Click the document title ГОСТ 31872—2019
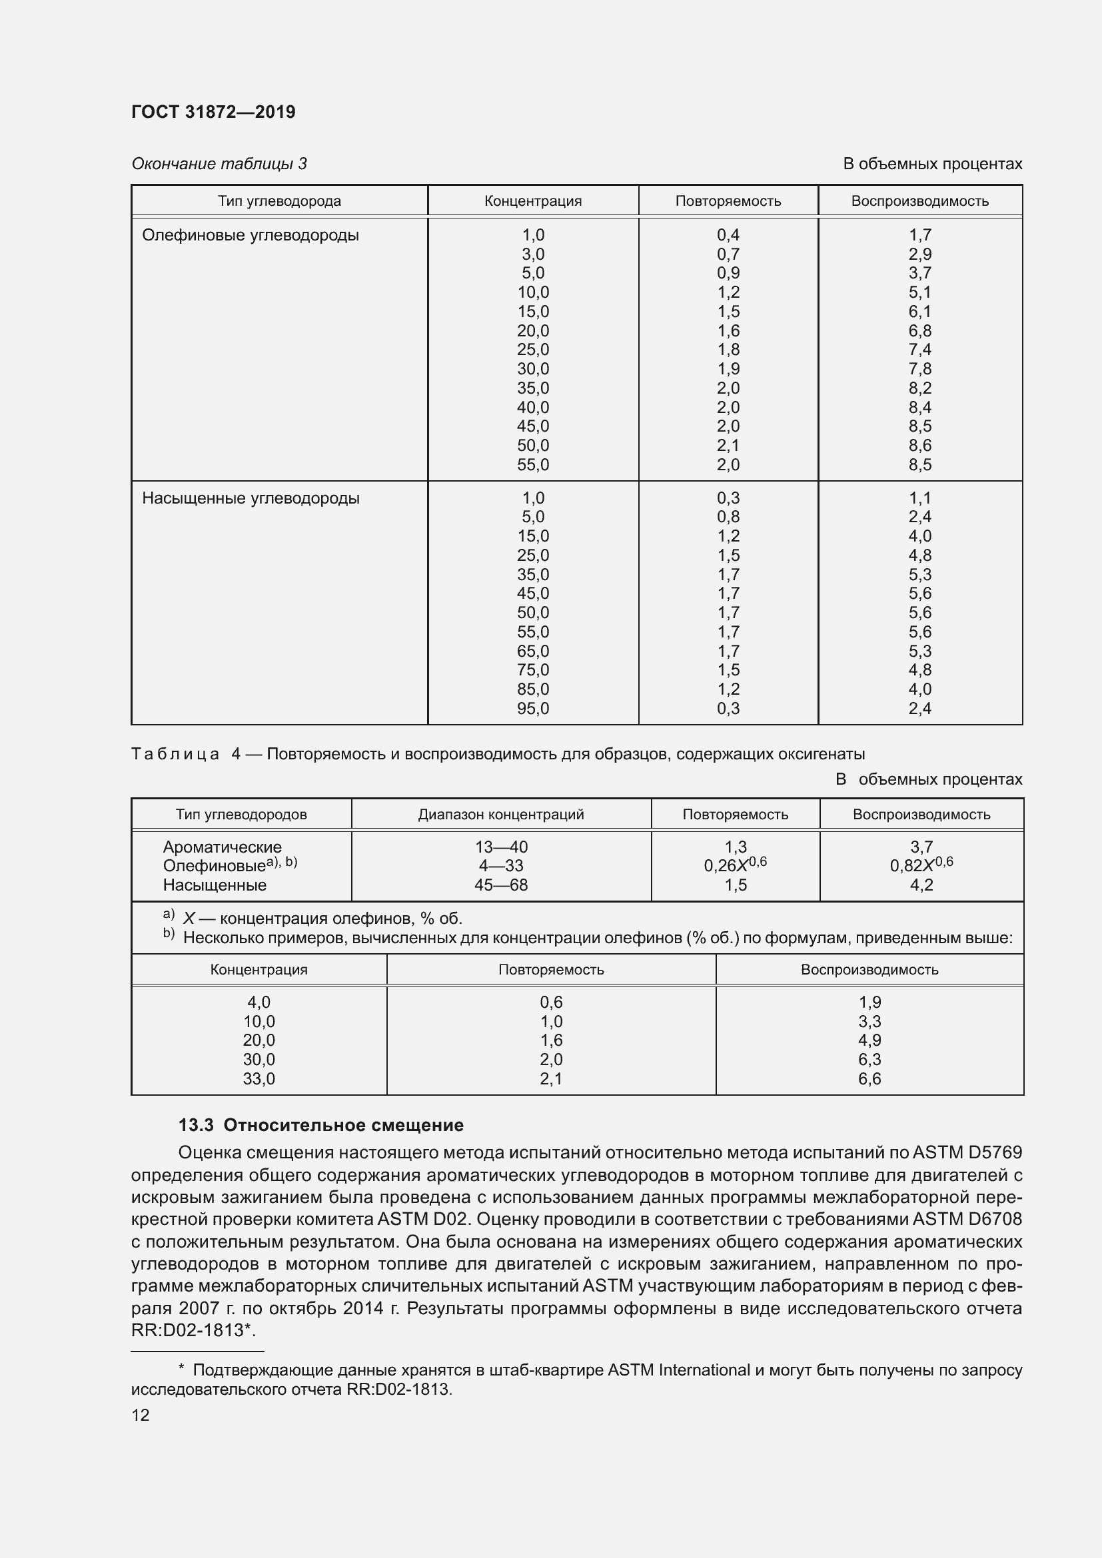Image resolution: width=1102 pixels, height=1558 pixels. click(213, 112)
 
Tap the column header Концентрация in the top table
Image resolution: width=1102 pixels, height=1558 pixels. click(533, 201)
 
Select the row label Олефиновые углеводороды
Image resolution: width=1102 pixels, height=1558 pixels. click(251, 235)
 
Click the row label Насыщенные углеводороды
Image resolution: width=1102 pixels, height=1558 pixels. click(251, 498)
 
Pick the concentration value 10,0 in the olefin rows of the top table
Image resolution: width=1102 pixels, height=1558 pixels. click(533, 292)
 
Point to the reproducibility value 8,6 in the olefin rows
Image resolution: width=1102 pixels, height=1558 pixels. click(919, 446)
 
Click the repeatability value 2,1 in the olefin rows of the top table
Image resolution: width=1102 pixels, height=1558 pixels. click(728, 446)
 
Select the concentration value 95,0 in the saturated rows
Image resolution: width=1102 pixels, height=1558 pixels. click(533, 709)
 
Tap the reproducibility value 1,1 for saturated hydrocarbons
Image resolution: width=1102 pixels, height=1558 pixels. click(919, 498)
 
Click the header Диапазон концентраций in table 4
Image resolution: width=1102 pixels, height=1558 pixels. click(501, 814)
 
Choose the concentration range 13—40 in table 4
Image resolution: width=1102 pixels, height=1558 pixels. click(501, 847)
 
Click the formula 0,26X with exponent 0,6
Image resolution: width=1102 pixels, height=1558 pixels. click(735, 865)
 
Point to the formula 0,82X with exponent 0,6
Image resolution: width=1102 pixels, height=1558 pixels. click(921, 865)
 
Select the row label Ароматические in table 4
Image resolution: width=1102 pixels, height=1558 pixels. click(222, 847)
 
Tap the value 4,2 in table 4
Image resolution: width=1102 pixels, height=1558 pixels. click(921, 885)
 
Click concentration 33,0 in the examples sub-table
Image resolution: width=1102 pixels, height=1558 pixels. click(259, 1079)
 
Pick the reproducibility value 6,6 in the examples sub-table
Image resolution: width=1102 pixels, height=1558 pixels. click(869, 1079)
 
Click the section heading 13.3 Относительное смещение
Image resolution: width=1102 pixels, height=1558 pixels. click(321, 1125)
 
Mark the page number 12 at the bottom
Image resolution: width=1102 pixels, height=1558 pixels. click(141, 1415)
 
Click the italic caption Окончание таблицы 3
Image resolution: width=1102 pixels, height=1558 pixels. click(219, 164)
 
